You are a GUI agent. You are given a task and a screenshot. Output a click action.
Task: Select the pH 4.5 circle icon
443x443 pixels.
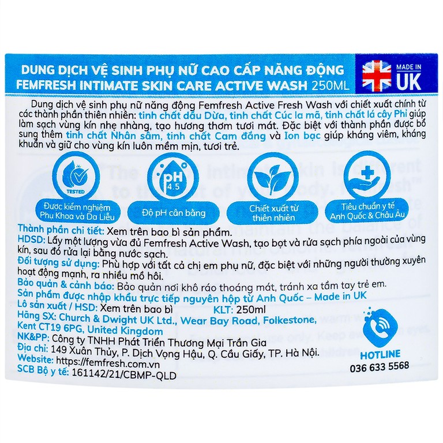pyautogui.click(x=167, y=175)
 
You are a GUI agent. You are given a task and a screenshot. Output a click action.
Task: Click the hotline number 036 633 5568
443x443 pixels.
pyautogui.click(x=379, y=366)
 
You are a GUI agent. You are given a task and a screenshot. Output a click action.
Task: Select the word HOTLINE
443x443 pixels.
pyautogui.click(x=379, y=354)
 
